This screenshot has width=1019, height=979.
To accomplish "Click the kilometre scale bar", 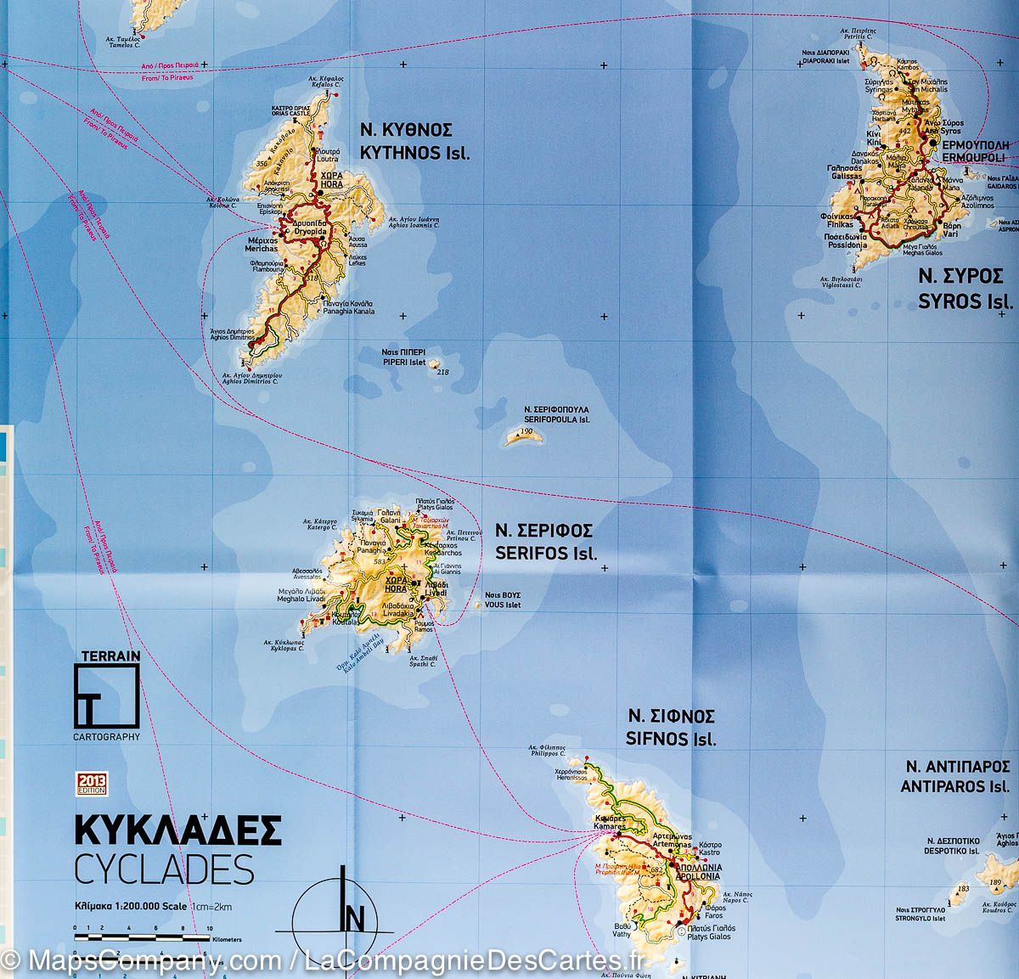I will (x=142, y=937).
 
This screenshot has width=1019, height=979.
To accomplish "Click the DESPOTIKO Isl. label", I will (x=952, y=846).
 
